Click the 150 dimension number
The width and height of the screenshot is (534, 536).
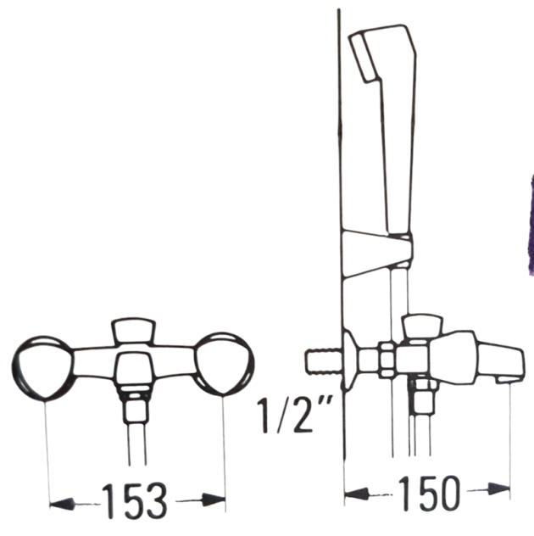click(428, 492)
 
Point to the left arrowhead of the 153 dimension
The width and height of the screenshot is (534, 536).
click(62, 504)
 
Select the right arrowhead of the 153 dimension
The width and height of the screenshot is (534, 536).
click(214, 500)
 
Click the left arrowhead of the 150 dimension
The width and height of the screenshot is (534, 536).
click(357, 494)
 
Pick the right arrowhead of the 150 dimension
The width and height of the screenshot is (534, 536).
click(498, 489)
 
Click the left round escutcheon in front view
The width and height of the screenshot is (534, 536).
click(42, 366)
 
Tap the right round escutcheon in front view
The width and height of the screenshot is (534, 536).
click(224, 365)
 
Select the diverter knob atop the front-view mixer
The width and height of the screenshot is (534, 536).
click(134, 330)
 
